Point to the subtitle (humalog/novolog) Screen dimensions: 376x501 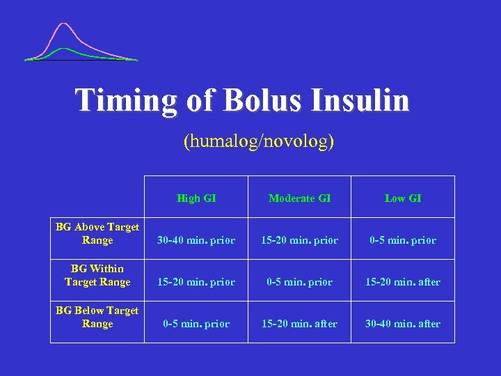click(259, 141)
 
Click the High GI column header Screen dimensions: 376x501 click(196, 198)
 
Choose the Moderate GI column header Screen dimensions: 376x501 click(300, 198)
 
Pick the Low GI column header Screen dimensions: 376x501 click(403, 198)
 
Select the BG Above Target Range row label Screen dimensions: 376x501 click(97, 233)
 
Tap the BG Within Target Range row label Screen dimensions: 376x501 click(97, 275)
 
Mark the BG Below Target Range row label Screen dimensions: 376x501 click(97, 317)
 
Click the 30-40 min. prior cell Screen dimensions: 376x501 click(196, 240)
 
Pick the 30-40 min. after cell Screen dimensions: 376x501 click(403, 324)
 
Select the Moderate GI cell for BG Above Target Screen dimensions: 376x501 click(300, 240)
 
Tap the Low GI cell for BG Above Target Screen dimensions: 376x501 click(403, 240)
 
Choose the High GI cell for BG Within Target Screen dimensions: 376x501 click(196, 282)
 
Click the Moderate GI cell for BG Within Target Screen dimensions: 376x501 click(300, 282)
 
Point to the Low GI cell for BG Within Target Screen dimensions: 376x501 click(403, 282)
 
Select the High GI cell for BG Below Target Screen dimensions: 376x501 click(196, 324)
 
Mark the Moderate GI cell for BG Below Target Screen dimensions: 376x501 click(300, 324)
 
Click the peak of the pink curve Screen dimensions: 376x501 click(65, 24)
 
